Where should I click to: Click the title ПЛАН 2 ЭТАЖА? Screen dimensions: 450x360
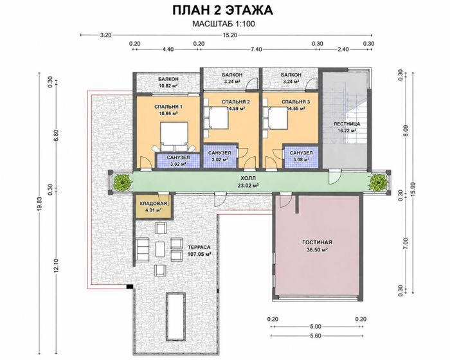point(222,10)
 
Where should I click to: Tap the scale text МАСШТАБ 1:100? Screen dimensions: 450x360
point(224,24)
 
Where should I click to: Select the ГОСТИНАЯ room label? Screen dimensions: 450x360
point(317,242)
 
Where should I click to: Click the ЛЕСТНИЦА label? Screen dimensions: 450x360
point(346,124)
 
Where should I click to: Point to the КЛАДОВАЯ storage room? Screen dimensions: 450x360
point(153,207)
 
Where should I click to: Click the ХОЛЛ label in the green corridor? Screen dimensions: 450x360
point(249,178)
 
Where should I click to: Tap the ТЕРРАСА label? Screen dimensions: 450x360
point(199,247)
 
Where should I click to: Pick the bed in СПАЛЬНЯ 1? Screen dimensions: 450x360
point(174,136)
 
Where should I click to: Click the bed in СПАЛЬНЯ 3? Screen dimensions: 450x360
point(276,118)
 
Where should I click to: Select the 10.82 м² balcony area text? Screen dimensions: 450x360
point(168,85)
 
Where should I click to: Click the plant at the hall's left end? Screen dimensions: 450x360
point(123,183)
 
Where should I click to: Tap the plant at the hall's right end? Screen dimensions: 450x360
point(378,183)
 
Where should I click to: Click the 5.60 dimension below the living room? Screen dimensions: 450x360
point(316,336)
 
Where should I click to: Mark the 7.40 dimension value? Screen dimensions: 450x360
point(256,50)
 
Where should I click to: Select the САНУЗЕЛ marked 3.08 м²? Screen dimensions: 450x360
point(301,156)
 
